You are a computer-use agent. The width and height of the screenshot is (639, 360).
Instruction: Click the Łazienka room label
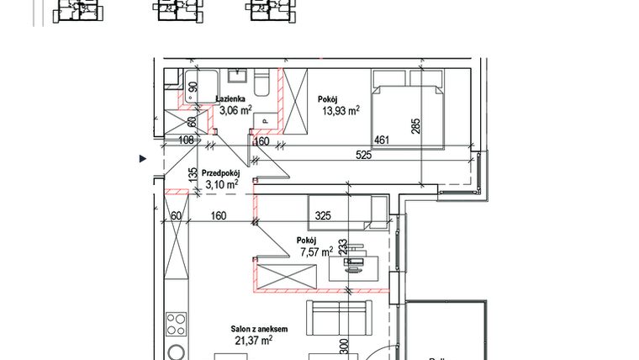[x=231, y=98]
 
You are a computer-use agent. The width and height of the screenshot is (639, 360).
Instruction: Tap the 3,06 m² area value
[x=235, y=109]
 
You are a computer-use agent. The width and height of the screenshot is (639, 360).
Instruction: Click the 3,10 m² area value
[x=220, y=183]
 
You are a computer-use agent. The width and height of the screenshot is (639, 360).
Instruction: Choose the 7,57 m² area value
[x=315, y=250]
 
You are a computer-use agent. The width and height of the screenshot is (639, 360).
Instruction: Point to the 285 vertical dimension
[x=415, y=126]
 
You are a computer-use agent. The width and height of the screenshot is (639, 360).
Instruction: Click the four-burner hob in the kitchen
[x=176, y=324]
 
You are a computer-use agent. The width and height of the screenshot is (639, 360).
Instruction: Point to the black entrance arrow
[x=142, y=157]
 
